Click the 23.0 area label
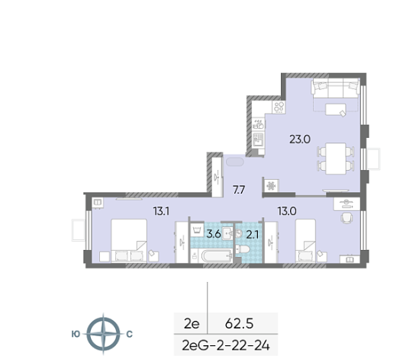(300, 139)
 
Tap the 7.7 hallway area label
(239, 190)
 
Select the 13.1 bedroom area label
(161, 211)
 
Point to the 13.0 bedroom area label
(287, 211)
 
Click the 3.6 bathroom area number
(214, 234)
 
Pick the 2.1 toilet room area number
(253, 235)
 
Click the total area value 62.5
(240, 323)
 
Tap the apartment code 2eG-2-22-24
(226, 345)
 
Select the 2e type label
(192, 323)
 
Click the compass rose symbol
(103, 334)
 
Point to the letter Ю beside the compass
(76, 334)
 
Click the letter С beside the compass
(130, 334)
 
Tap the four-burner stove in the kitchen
(279, 107)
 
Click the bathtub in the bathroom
(216, 256)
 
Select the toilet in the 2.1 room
(243, 249)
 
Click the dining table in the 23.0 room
(336, 159)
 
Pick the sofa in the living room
(336, 88)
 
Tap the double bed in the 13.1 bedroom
(129, 241)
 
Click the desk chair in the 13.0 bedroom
(346, 218)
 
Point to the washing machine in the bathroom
(197, 230)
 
